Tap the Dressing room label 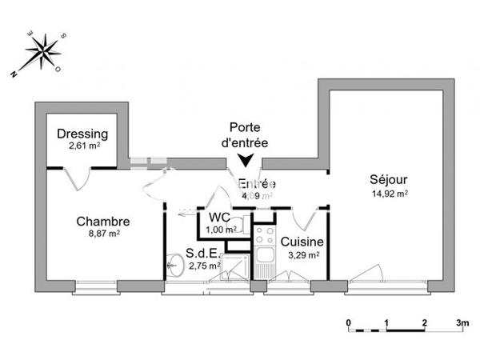click(x=82, y=134)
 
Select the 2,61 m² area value click(x=83, y=146)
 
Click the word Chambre click(x=103, y=221)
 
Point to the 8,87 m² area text click(x=104, y=234)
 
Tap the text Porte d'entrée click(x=244, y=134)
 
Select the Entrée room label click(x=258, y=184)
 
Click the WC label click(x=220, y=217)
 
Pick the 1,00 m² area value click(x=221, y=230)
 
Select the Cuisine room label click(x=302, y=242)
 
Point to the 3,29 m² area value click(x=303, y=255)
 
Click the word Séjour click(x=389, y=180)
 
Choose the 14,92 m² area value click(x=390, y=193)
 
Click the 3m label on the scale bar click(x=462, y=323)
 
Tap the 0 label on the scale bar click(x=349, y=323)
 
